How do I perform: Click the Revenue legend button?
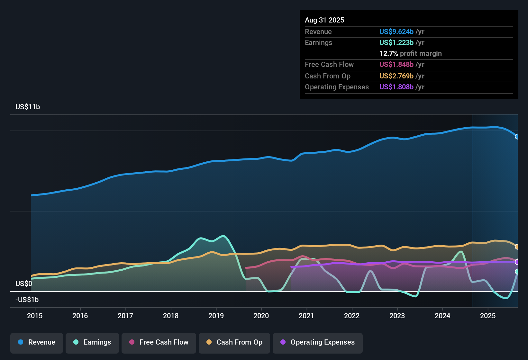click(37, 342)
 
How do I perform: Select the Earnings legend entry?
click(92, 342)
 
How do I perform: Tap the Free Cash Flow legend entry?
click(159, 342)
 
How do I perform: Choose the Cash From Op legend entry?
click(234, 342)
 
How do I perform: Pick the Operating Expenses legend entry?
click(318, 342)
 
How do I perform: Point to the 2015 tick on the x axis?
click(35, 316)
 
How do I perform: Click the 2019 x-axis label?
click(216, 316)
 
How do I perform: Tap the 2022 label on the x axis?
click(352, 316)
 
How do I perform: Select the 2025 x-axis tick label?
click(488, 316)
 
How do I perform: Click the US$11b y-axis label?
click(28, 107)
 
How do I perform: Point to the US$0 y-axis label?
click(24, 283)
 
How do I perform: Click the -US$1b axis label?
click(27, 300)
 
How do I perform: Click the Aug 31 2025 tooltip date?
click(324, 20)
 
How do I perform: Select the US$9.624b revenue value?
click(396, 32)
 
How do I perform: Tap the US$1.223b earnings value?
click(396, 42)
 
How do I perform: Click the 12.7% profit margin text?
click(410, 53)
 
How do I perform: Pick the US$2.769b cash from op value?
click(396, 76)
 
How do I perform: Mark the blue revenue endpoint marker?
click(517, 137)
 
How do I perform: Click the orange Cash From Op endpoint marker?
click(517, 247)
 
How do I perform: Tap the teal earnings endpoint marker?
click(517, 272)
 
